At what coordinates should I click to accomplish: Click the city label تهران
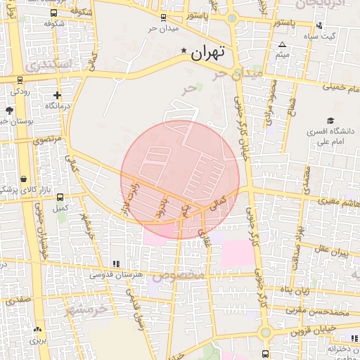208,51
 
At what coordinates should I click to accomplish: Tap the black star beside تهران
184,51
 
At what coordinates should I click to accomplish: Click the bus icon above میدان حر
163,18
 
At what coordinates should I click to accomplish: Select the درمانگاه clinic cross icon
57,95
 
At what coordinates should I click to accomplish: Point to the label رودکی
19,91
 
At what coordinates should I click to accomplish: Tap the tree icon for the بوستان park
9,110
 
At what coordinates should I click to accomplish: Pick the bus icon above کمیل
60,198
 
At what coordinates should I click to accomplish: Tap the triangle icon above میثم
282,44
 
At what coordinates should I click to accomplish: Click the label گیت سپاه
324,36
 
